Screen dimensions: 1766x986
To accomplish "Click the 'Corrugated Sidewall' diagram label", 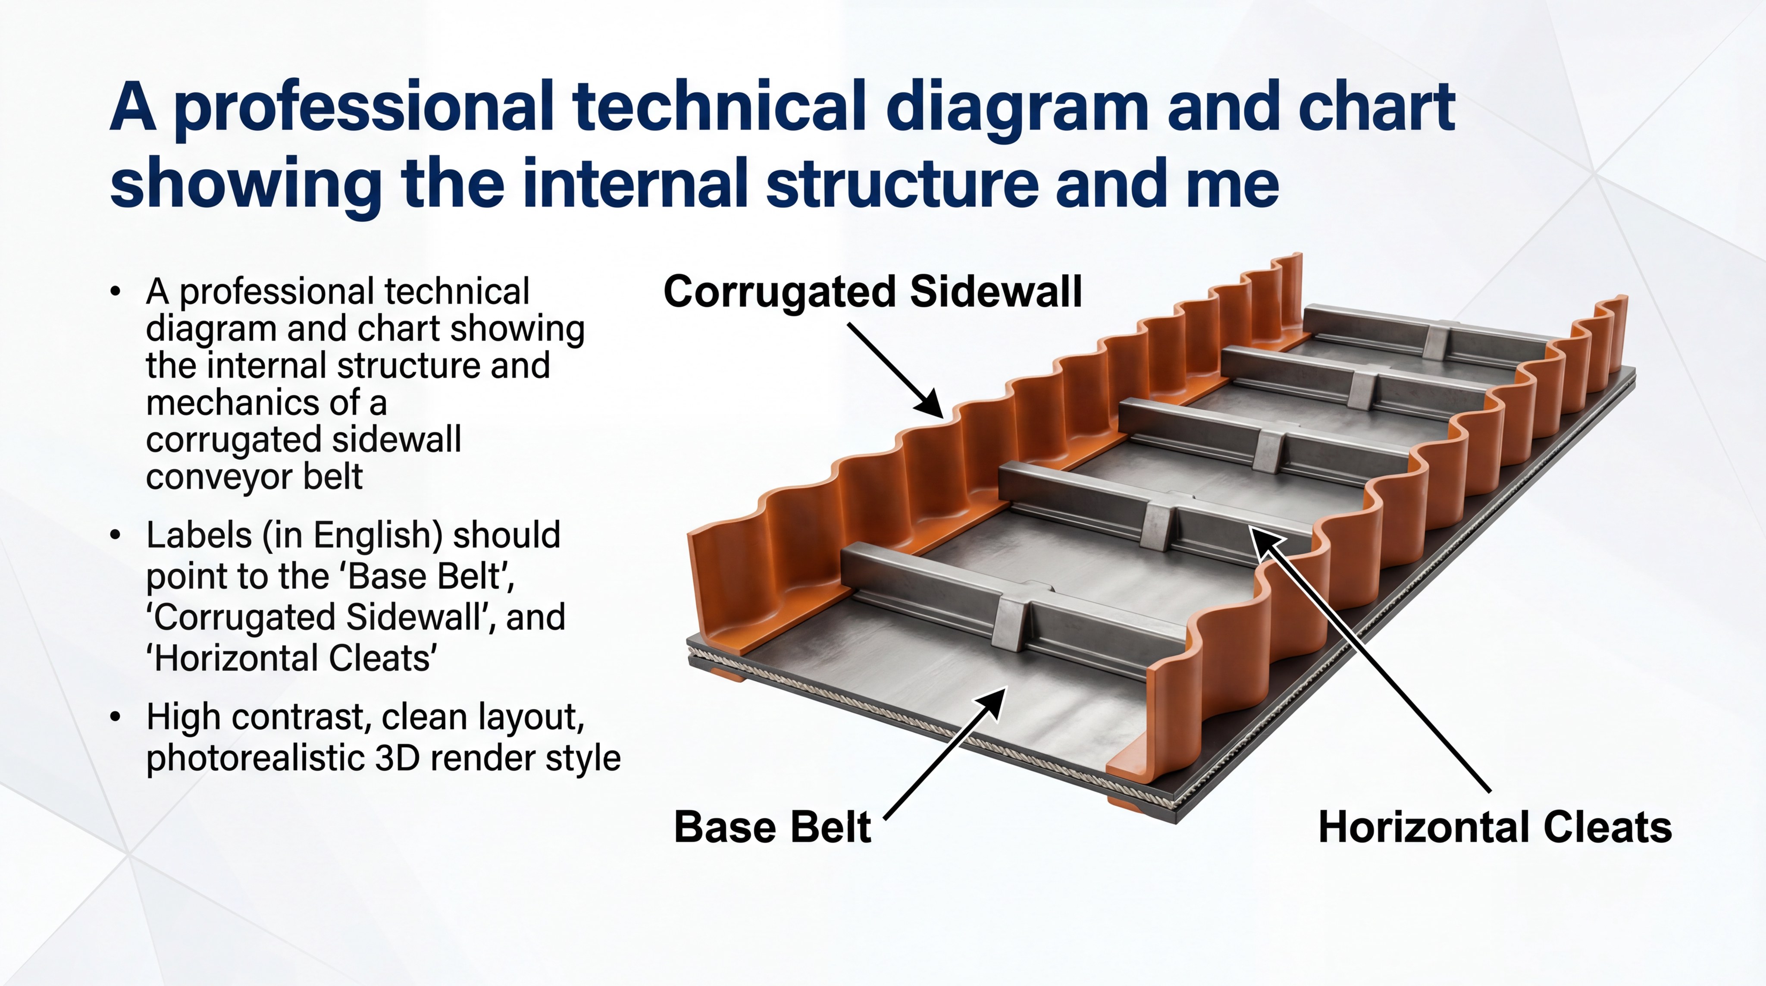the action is [x=873, y=292].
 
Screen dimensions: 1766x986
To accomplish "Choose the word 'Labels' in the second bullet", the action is [x=199, y=535].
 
